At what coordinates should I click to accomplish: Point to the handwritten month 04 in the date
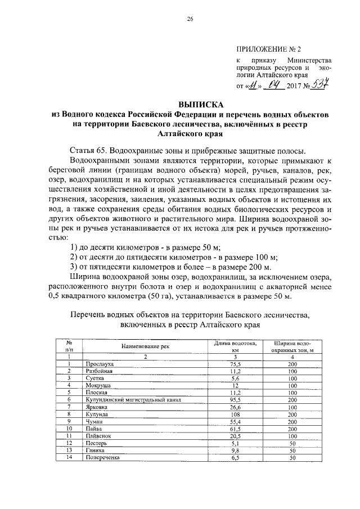[274, 86]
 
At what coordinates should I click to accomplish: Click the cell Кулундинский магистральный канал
[127, 399]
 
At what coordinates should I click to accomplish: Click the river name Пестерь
[96, 442]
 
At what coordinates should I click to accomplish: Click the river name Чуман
[93, 421]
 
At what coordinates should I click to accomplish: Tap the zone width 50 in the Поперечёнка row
[292, 457]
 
